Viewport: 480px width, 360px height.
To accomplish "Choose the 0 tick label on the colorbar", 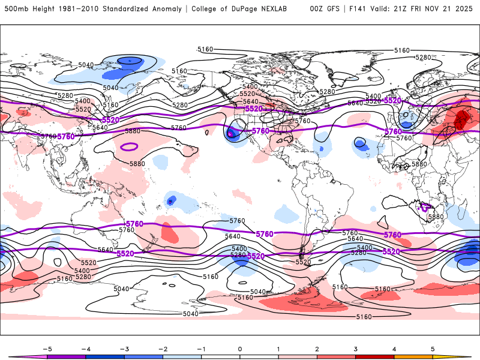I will [240, 349].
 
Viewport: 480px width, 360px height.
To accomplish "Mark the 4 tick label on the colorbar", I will [394, 349].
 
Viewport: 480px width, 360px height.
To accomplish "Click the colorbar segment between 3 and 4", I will [374, 356].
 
